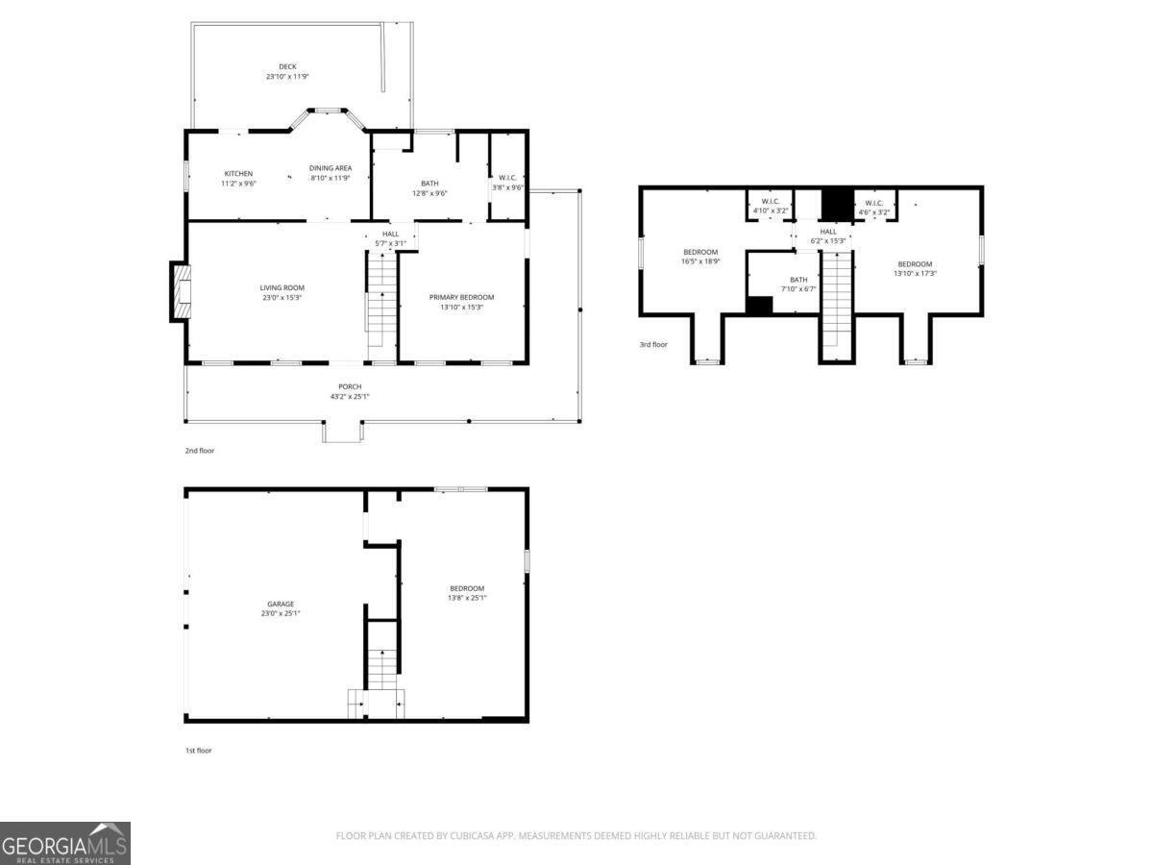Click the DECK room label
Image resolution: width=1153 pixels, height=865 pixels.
[287, 66]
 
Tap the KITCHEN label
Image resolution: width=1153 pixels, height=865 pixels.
[238, 174]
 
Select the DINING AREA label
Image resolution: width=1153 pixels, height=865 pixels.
[331, 168]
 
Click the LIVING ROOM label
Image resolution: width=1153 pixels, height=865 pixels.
[282, 287]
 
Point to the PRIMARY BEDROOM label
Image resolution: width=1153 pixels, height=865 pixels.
[461, 297]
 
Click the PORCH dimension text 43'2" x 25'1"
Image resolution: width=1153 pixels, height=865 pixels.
[349, 396]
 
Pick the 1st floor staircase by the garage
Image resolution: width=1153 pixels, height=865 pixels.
[382, 669]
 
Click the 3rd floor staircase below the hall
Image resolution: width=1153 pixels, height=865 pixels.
[837, 298]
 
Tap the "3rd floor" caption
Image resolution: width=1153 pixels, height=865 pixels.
[653, 344]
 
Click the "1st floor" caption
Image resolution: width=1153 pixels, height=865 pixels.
[198, 751]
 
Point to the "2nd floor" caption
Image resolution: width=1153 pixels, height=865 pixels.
[200, 450]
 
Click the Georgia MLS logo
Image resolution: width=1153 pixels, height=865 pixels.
[64, 843]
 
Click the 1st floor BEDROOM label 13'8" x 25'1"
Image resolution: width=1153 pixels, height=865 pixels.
[467, 588]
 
